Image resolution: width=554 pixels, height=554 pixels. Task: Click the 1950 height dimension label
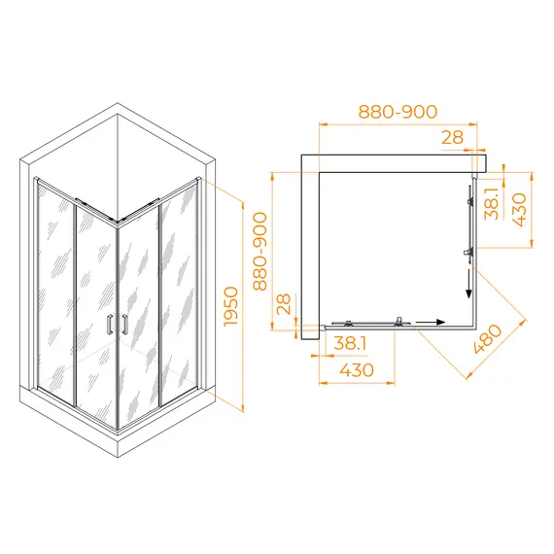(x=231, y=307)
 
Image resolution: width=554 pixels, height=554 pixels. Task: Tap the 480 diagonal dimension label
(x=488, y=339)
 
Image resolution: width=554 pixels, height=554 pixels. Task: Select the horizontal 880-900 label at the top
(x=398, y=112)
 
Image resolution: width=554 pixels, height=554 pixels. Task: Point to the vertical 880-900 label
(x=260, y=251)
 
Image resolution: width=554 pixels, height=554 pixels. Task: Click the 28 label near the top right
(x=452, y=137)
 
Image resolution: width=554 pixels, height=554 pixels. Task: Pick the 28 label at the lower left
(x=284, y=304)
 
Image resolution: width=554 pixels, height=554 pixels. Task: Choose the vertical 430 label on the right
(x=519, y=210)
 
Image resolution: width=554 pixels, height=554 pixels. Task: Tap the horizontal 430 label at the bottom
(x=357, y=370)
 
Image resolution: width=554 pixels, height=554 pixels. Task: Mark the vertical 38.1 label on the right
(x=492, y=203)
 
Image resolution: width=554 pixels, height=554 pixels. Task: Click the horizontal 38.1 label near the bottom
(x=350, y=343)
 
